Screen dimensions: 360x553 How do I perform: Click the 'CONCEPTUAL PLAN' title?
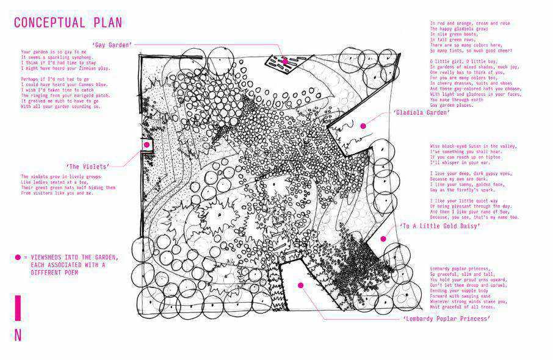(x=68, y=23)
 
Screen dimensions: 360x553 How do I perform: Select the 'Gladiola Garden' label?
(x=422, y=112)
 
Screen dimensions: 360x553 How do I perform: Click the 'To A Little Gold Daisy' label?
(x=439, y=226)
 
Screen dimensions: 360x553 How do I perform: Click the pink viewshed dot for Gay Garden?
(x=284, y=61)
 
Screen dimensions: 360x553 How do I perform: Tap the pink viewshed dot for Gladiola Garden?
(x=363, y=126)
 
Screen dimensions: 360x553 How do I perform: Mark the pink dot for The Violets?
(x=147, y=145)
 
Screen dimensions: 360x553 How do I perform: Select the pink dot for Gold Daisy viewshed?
(x=383, y=239)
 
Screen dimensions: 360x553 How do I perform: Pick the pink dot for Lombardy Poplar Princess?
(x=300, y=284)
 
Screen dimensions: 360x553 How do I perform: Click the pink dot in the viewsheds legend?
(x=18, y=257)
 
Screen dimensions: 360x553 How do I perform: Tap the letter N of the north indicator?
(x=18, y=335)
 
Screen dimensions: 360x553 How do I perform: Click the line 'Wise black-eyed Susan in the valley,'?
(x=473, y=146)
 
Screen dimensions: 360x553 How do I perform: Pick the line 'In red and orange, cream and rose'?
(x=470, y=23)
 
